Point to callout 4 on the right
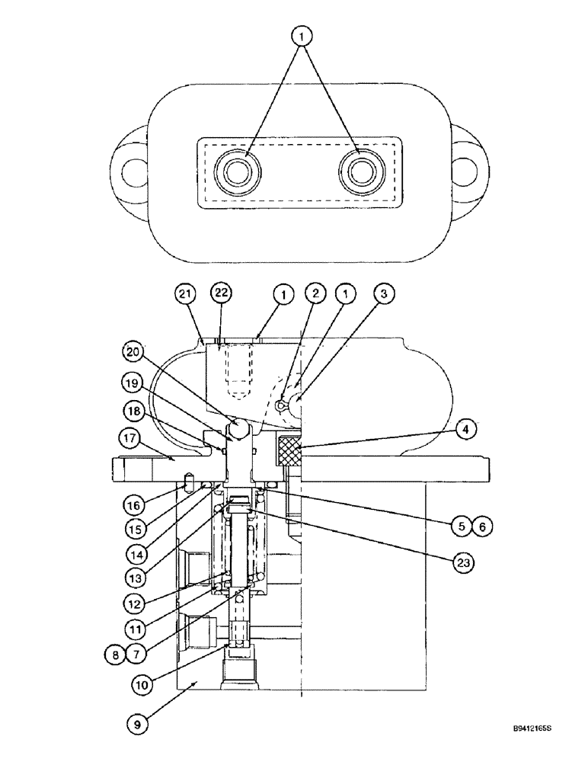(468, 428)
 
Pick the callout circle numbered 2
(316, 293)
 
